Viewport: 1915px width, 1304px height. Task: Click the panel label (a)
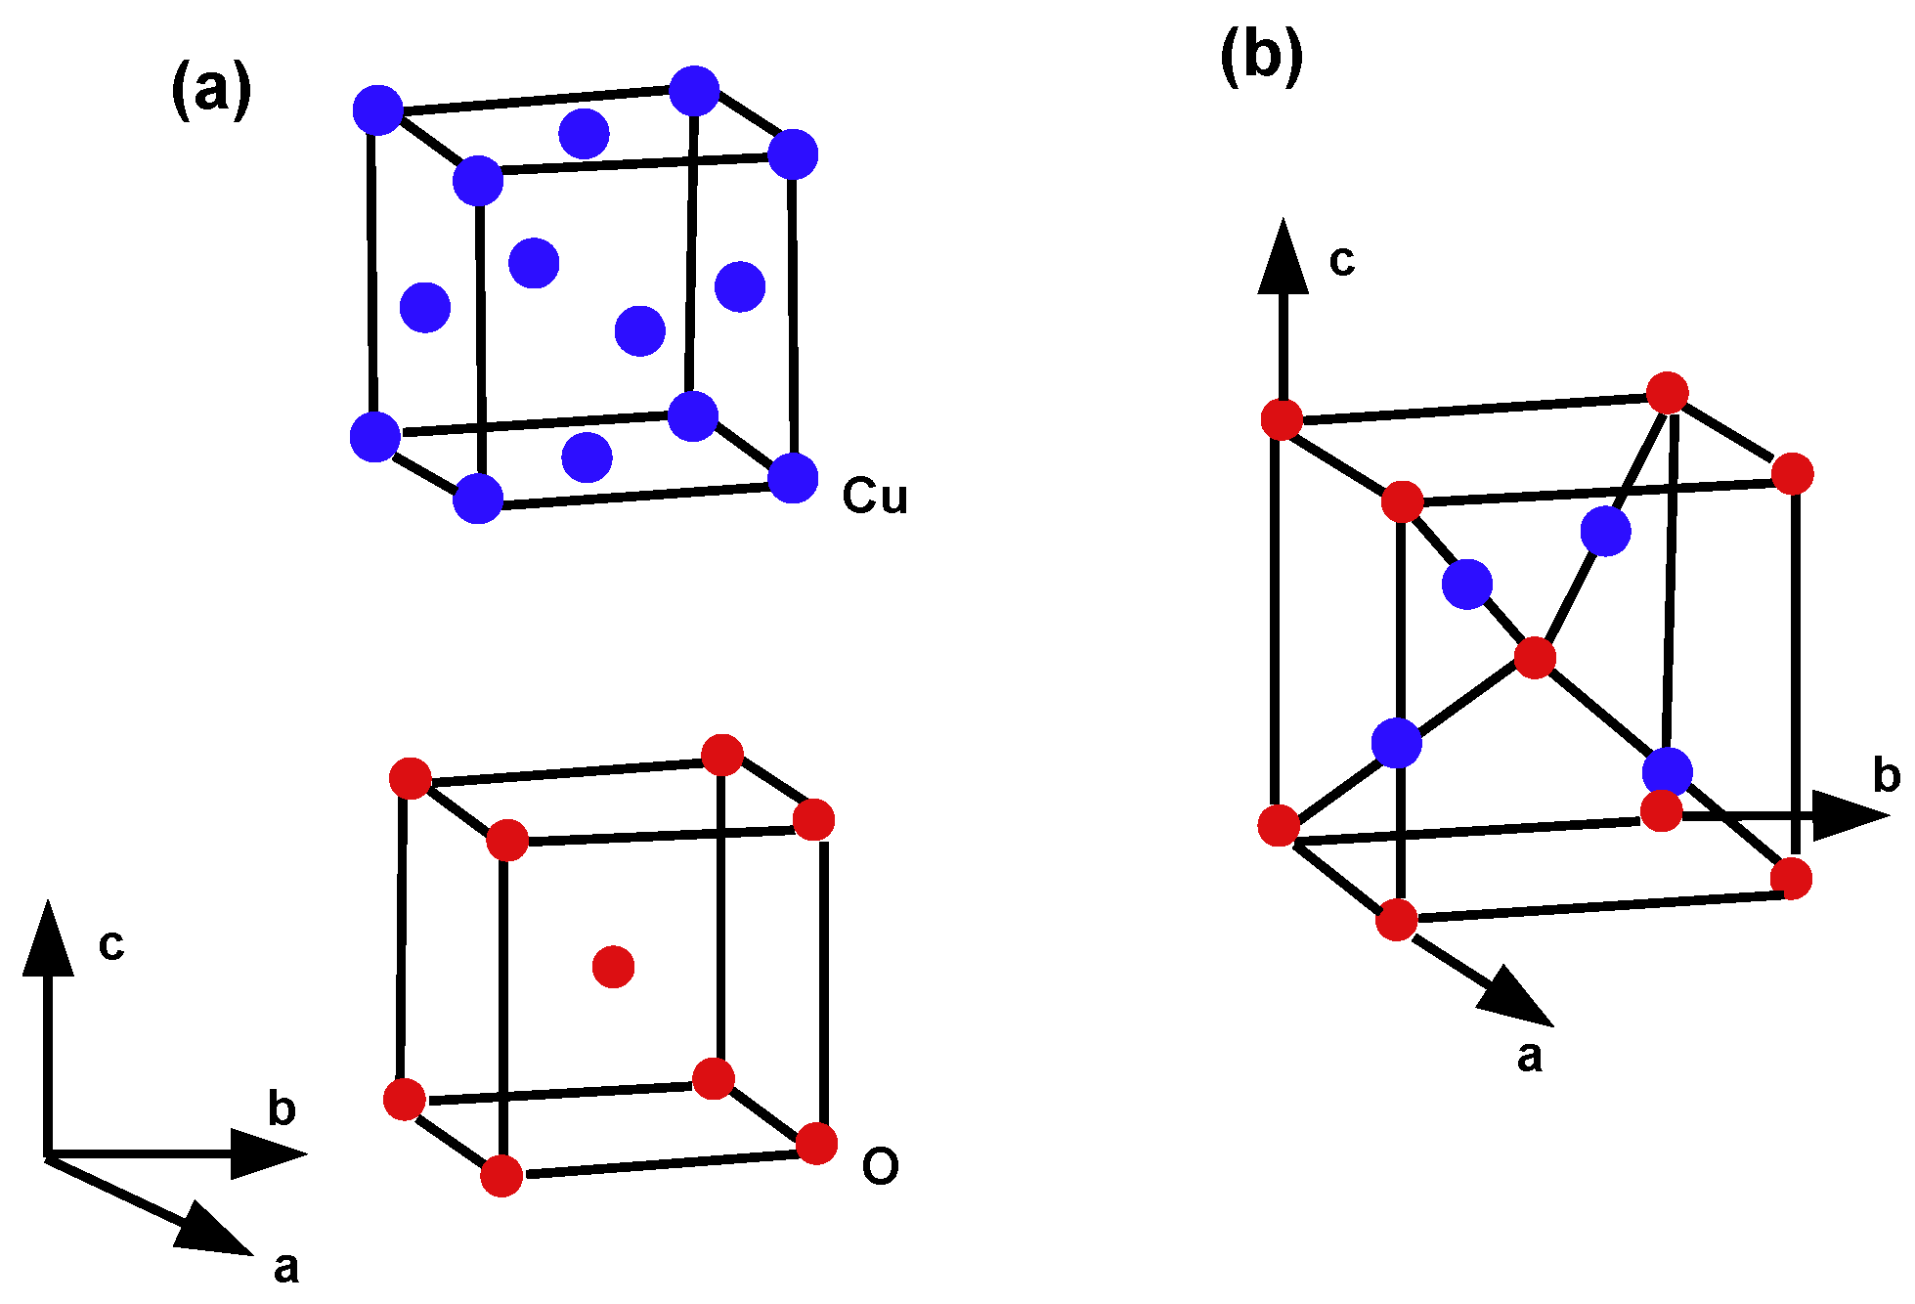211,90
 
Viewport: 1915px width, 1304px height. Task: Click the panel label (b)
1261,56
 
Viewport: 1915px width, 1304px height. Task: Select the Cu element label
875,497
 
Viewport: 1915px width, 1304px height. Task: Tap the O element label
880,1166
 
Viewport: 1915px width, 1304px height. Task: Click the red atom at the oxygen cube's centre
614,967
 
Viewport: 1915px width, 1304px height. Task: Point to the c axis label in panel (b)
1342,261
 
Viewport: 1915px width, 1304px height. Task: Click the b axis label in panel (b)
1886,775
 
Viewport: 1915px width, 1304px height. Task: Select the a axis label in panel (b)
1530,1057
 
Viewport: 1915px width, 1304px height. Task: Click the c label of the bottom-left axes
111,944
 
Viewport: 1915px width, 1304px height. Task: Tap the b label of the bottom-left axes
282,1108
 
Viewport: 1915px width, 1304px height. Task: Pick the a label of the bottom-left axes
285,1268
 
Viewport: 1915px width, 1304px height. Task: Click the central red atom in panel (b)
1535,657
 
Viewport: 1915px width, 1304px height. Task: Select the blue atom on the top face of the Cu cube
585,134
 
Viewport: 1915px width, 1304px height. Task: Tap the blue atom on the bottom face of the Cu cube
588,457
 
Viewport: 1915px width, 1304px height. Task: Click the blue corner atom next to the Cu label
793,478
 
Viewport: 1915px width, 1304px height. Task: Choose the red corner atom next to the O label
816,1144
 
